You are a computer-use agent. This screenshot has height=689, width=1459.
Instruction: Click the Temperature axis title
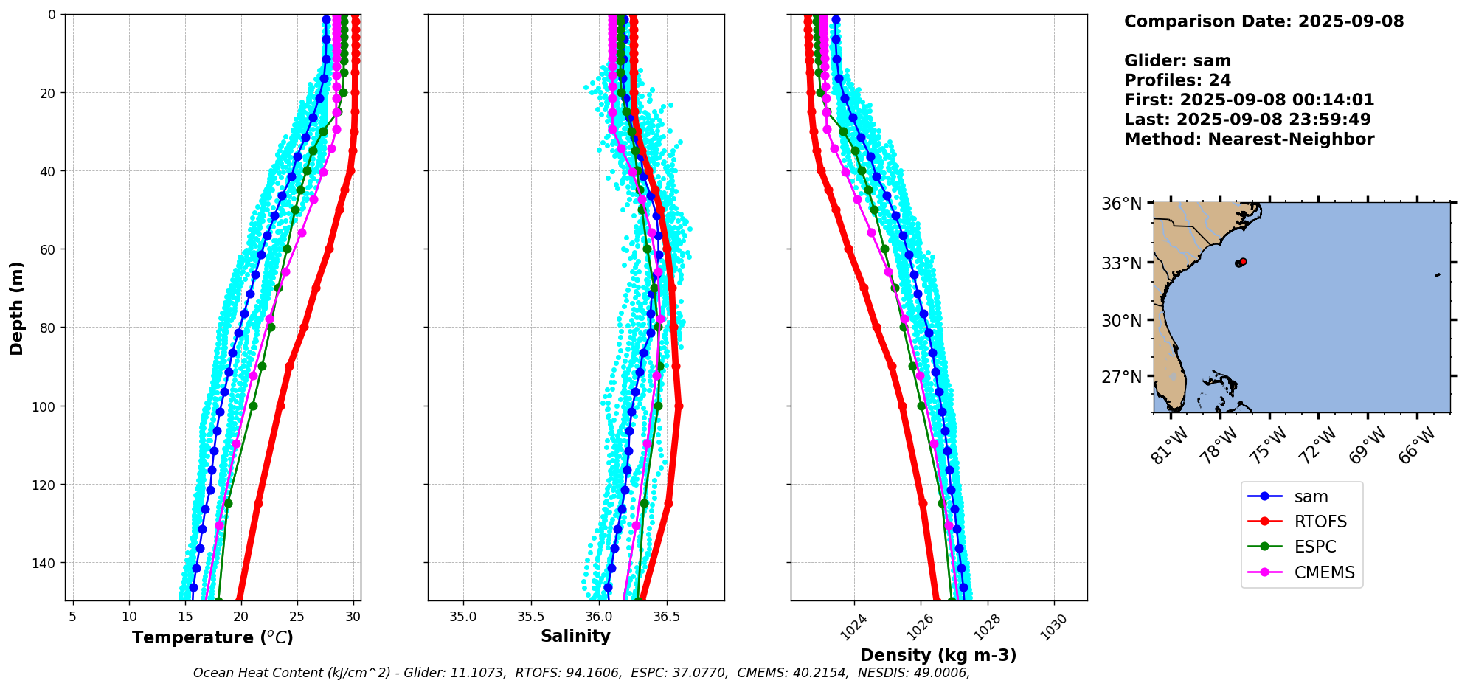point(212,637)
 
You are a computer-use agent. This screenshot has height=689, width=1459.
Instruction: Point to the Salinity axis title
point(575,636)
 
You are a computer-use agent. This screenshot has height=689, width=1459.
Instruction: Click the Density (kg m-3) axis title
point(938,655)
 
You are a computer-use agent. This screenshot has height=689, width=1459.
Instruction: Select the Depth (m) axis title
point(16,308)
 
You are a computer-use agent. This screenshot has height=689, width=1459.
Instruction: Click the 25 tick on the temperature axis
point(297,617)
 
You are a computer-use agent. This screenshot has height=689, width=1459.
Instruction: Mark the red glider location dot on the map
point(1243,262)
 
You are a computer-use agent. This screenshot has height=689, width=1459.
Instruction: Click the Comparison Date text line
point(1264,21)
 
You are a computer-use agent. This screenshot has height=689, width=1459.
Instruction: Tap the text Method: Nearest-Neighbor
point(1249,139)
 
